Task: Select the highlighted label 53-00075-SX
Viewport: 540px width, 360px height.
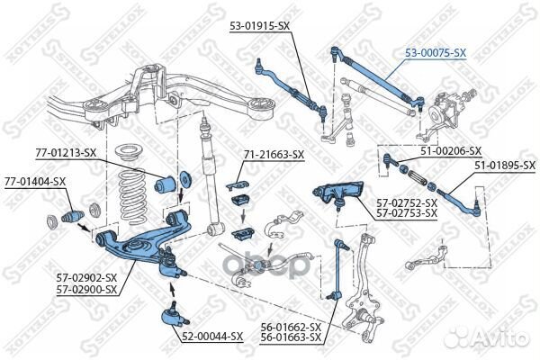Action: click(434, 53)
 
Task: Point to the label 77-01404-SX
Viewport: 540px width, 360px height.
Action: click(34, 181)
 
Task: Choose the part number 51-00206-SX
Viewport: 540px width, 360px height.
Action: click(449, 151)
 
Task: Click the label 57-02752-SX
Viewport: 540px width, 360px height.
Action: click(407, 204)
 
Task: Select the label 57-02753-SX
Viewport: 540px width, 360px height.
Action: click(407, 214)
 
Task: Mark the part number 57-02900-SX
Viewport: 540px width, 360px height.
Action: click(86, 291)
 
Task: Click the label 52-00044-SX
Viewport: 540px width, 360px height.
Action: click(212, 336)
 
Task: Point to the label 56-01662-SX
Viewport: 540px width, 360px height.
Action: click(291, 327)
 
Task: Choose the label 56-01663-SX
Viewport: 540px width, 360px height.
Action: click(291, 337)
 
